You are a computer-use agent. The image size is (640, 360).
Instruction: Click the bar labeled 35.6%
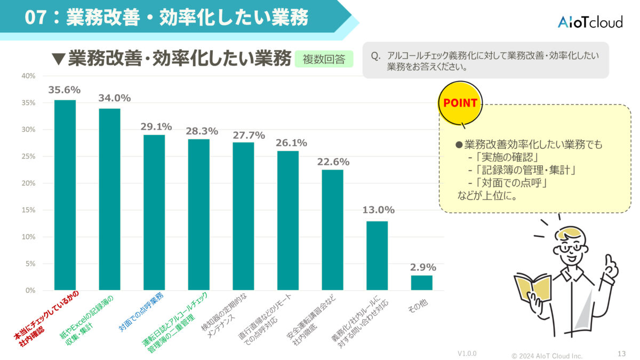click(x=65, y=195)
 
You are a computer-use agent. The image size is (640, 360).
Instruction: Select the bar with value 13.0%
click(x=377, y=255)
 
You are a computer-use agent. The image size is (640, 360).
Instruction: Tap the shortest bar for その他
click(x=421, y=283)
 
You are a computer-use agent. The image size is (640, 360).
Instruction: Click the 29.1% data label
click(x=156, y=126)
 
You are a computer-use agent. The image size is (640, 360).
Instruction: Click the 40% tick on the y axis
click(x=28, y=76)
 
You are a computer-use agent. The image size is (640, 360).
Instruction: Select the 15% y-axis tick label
click(x=28, y=210)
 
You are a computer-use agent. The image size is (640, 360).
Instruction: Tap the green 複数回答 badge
click(x=324, y=58)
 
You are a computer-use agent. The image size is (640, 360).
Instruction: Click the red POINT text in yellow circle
click(x=460, y=103)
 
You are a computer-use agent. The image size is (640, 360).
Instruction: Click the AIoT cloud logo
click(x=589, y=22)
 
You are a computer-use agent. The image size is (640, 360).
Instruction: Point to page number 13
click(x=621, y=354)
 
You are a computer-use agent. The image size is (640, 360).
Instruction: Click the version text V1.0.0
click(x=467, y=354)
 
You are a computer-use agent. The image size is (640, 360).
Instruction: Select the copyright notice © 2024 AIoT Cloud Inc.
click(x=547, y=356)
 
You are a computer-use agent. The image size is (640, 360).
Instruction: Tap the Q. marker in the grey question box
click(x=376, y=55)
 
